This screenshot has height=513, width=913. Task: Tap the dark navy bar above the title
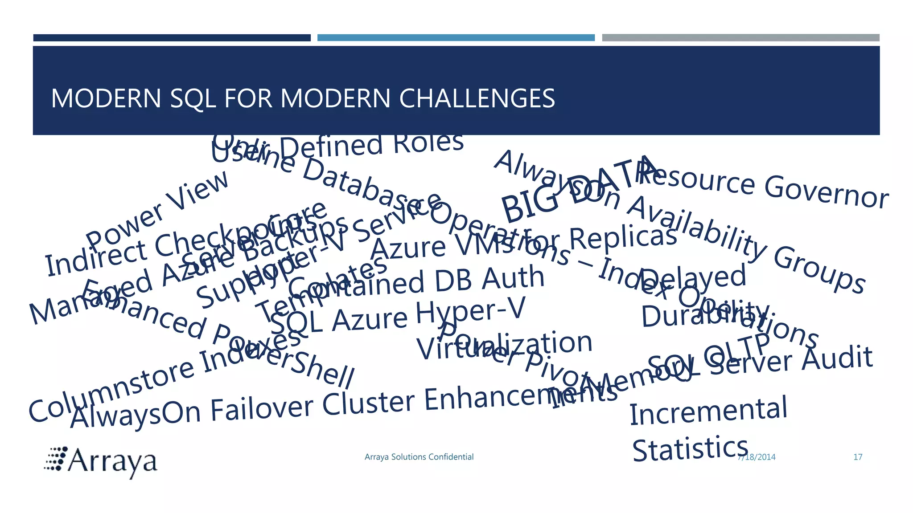(172, 38)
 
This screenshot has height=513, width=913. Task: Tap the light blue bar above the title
(456, 38)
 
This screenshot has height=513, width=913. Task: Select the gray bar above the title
(740, 38)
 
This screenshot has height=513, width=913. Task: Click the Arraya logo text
(112, 462)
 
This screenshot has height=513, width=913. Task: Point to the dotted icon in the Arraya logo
(56, 459)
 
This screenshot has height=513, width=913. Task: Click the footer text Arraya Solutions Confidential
(419, 457)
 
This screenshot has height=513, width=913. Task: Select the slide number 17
(858, 457)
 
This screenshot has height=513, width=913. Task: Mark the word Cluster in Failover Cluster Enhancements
(369, 403)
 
